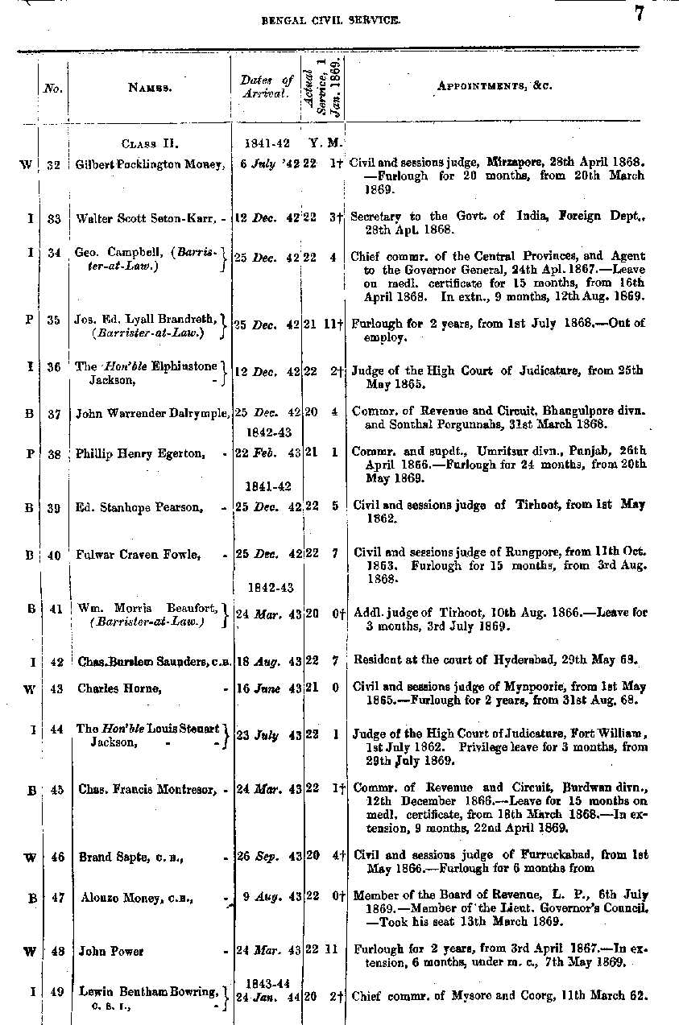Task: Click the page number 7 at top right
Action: [639, 14]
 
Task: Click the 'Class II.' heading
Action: [150, 144]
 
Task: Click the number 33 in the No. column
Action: [54, 217]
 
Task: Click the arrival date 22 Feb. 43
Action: [266, 453]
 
